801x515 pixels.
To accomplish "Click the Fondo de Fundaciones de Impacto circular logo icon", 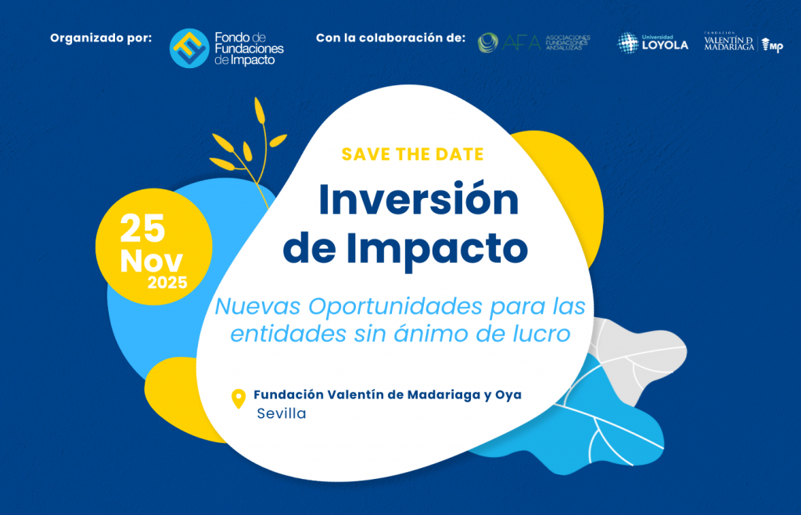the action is [x=189, y=48].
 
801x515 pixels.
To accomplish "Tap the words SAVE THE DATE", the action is [x=413, y=154].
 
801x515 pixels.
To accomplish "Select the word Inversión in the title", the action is [x=418, y=200].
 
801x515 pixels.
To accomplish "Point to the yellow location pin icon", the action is [x=239, y=398].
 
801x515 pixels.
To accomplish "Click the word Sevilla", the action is [x=282, y=413].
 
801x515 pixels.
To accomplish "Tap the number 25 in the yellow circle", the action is [x=142, y=229].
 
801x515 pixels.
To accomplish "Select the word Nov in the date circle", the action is [x=151, y=261].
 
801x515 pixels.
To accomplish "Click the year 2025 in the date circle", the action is [x=167, y=283].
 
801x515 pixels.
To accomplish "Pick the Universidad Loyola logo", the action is [x=652, y=43].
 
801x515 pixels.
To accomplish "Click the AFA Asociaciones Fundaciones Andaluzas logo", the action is [x=533, y=43].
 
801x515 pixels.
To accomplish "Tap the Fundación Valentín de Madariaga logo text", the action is [x=729, y=42].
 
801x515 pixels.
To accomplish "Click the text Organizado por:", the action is [x=101, y=38].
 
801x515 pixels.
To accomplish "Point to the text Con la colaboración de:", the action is [x=391, y=38].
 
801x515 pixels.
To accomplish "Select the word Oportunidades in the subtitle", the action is [x=396, y=306].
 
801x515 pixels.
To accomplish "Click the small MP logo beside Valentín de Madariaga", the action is [x=772, y=45].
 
